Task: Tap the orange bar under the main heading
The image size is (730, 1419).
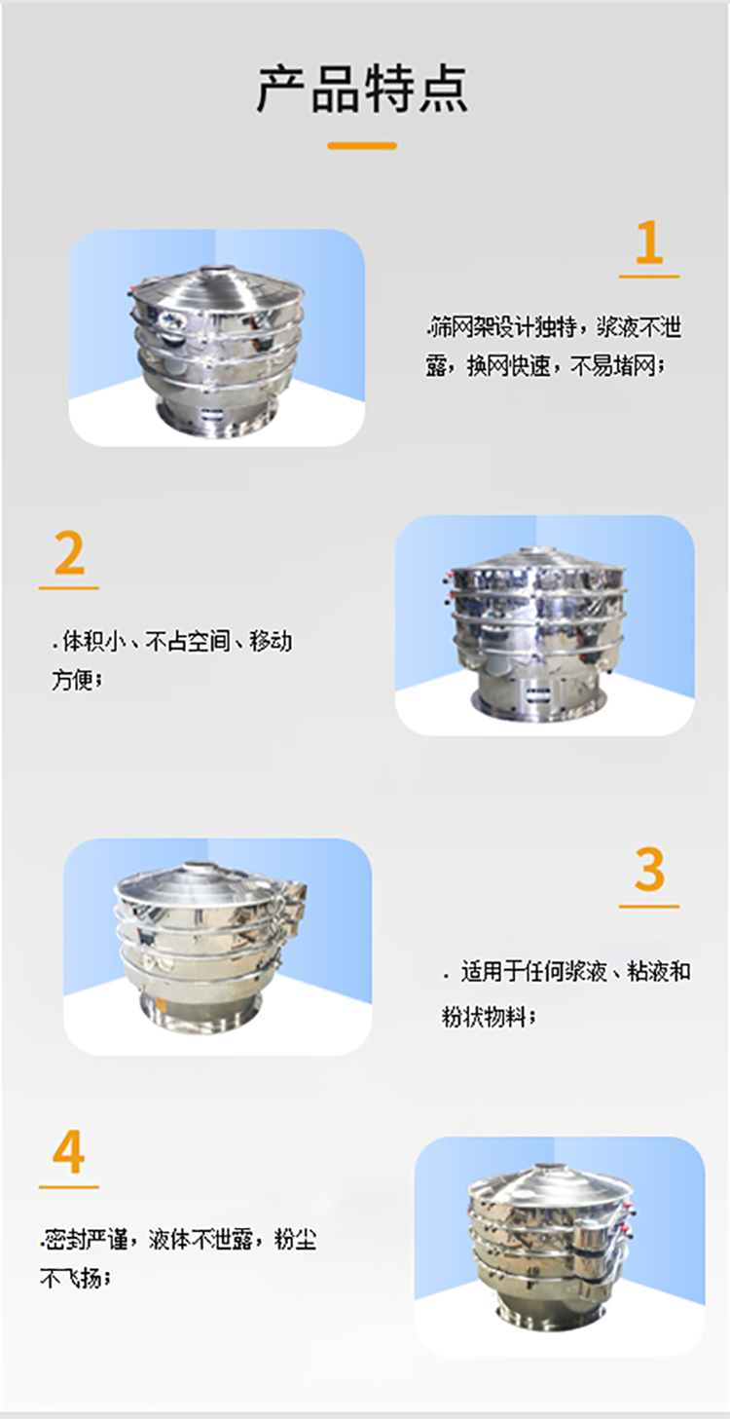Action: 362,145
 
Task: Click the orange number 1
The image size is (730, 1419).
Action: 648,243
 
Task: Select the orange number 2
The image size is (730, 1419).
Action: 69,554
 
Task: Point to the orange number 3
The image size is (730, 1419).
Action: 649,870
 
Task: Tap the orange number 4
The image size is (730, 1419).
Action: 68,1153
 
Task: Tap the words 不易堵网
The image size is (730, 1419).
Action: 615,366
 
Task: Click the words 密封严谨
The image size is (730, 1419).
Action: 81,1240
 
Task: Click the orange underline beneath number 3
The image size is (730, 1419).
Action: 649,907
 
